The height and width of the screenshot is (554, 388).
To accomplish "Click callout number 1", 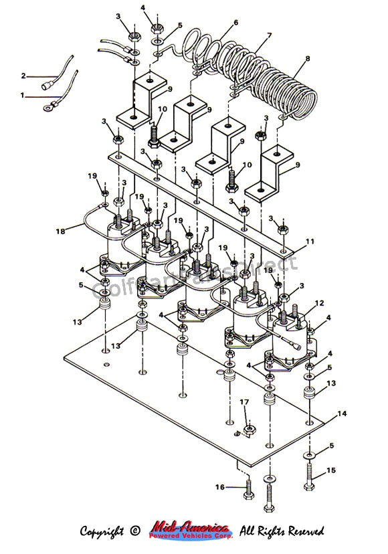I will point(22,96).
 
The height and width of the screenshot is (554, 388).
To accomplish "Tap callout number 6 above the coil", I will point(236,23).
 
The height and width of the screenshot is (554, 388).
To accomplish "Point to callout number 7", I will point(270,35).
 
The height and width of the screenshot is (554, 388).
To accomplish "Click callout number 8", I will point(308,58).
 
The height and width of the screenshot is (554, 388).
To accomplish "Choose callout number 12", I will point(320,302).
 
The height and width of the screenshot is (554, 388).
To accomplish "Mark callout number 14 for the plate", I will point(343,414).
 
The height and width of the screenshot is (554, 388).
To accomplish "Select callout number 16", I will point(219,488).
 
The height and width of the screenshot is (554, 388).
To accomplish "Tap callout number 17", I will point(245,402).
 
